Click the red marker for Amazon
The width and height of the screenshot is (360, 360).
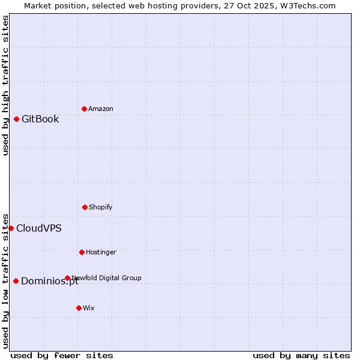84,109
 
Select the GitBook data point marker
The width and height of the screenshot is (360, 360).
16,119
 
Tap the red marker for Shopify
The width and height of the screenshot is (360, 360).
85,207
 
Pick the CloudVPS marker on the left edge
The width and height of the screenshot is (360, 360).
11,228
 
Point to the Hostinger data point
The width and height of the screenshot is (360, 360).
82,252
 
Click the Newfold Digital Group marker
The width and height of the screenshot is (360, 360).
67,278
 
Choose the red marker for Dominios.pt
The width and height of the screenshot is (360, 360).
16,281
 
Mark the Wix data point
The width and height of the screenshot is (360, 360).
79,308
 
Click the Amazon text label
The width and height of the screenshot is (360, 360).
101,109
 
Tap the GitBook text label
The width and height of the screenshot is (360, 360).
40,119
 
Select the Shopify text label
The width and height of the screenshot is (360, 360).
101,207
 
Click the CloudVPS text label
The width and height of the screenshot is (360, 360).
39,228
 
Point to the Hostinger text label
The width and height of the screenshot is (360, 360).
101,252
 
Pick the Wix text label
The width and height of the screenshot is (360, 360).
89,308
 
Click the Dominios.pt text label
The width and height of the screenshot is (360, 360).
50,281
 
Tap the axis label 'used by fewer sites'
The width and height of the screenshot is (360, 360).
62,355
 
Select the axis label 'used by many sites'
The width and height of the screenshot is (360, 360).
301,355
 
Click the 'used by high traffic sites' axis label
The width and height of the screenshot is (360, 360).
5,85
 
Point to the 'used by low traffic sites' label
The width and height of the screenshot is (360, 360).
5,280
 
